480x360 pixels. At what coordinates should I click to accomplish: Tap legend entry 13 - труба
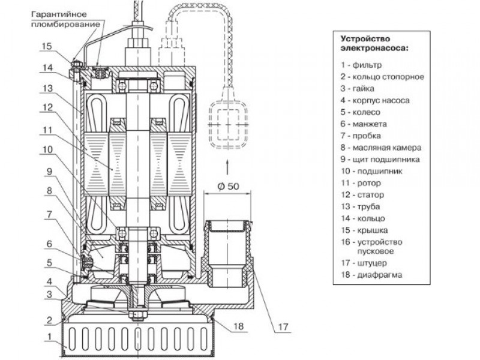(360, 206)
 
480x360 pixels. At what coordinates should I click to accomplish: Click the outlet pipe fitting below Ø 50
(229, 252)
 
